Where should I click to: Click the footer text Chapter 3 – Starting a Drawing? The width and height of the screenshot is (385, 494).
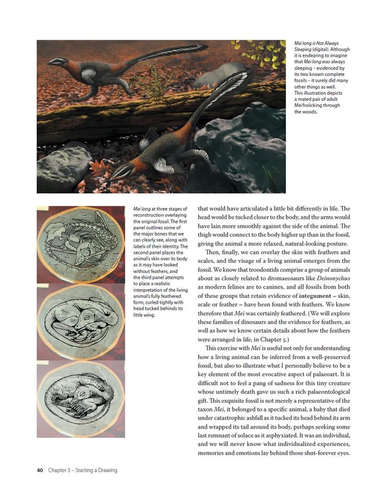tap(83, 470)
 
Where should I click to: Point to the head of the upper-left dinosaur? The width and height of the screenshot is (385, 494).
tap(55, 62)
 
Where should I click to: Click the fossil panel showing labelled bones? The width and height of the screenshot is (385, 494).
tap(81, 243)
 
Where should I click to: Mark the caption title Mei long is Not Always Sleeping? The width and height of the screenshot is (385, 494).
tap(317, 47)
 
